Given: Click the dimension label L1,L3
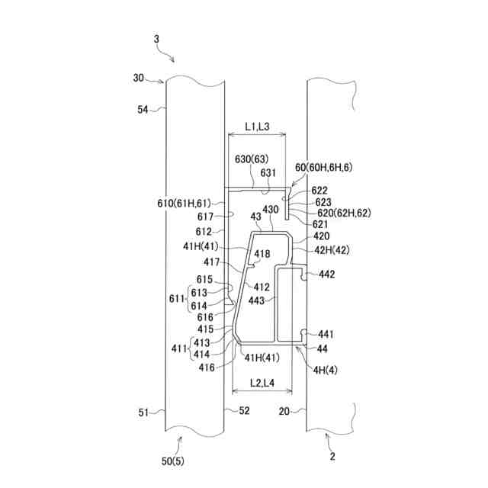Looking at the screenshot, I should click(257, 127).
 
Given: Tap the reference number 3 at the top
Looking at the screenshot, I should click(156, 38).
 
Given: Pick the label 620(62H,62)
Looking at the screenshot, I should click(341, 213).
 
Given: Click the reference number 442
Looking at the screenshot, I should click(326, 274).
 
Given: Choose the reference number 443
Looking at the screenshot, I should click(256, 300).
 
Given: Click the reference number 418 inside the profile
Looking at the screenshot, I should click(262, 254).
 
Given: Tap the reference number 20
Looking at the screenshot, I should click(284, 411).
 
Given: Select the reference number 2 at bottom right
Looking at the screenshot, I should click(332, 457).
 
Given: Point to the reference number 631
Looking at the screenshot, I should click(268, 172).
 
